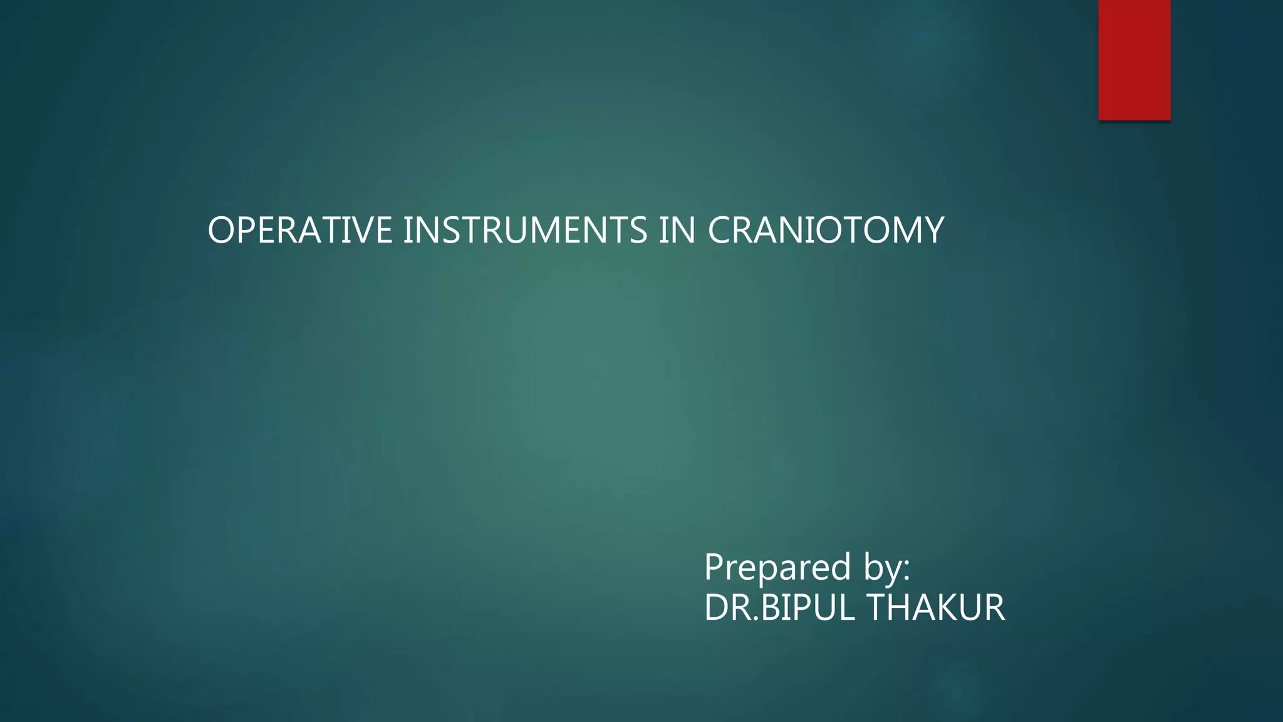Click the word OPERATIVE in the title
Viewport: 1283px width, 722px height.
299,230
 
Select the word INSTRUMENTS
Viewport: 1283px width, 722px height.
524,230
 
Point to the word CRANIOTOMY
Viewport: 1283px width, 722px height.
825,230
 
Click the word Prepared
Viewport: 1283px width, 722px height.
777,567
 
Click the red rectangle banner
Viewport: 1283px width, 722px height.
1134,60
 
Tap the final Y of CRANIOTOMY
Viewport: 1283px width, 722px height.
933,230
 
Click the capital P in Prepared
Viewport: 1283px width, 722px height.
715,567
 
